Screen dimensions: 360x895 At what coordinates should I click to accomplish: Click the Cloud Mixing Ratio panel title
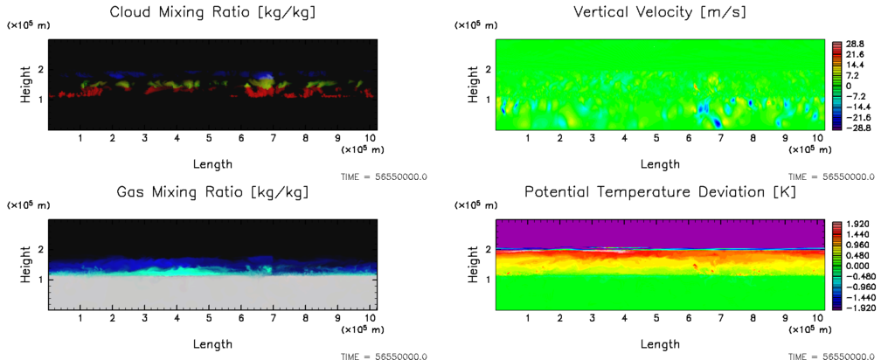(212, 12)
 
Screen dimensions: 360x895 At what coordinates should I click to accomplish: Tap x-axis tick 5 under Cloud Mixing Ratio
(209, 138)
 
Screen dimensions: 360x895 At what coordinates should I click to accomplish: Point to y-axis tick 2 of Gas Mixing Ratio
(38, 250)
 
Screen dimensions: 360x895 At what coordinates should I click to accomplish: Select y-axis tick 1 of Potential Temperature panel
(486, 280)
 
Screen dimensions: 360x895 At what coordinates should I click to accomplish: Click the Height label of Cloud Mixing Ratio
(26, 85)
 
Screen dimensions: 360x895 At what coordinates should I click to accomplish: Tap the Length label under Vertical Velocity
(660, 163)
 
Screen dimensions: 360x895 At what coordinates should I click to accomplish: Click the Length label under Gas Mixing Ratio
(212, 343)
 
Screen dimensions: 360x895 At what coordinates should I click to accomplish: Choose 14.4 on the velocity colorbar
(852, 64)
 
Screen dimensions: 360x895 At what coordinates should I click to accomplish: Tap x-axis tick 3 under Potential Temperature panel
(592, 318)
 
